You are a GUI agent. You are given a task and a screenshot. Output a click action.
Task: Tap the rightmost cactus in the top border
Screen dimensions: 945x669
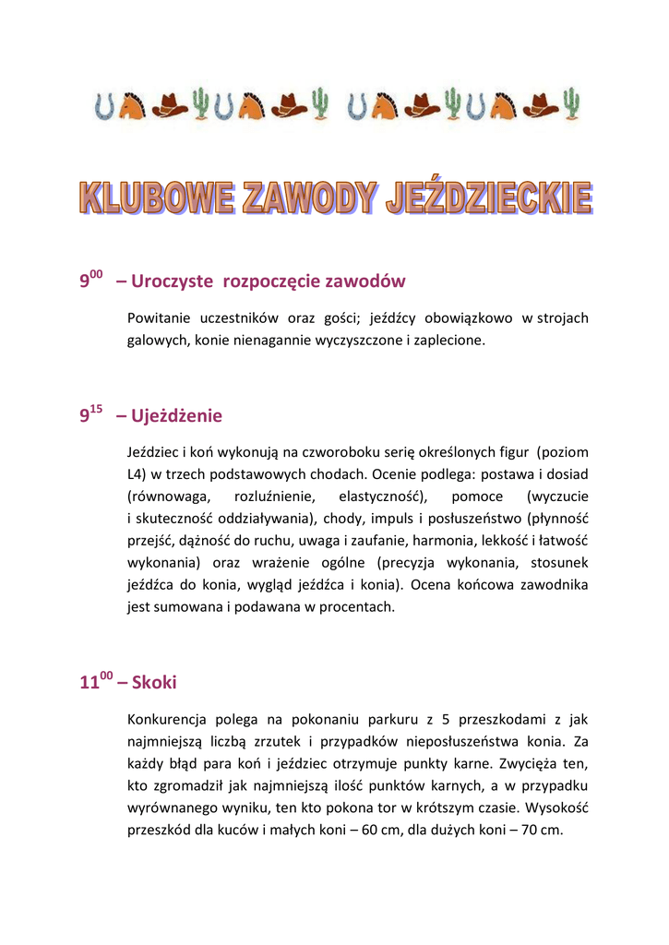coord(573,104)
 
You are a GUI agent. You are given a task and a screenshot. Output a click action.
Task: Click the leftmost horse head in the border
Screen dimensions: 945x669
coord(132,105)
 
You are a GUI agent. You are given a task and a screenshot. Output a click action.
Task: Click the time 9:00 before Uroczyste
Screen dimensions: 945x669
coord(90,280)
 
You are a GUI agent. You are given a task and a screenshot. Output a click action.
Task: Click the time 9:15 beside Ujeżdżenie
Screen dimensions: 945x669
coord(90,415)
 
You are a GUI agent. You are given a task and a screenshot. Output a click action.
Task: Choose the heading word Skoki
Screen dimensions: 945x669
coord(154,683)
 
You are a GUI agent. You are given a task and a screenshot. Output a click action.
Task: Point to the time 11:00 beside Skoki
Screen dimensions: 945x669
coord(96,682)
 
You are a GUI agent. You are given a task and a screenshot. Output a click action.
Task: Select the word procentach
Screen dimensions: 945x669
coord(361,607)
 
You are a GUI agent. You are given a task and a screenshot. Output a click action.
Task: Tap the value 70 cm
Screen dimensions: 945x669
coord(541,831)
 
